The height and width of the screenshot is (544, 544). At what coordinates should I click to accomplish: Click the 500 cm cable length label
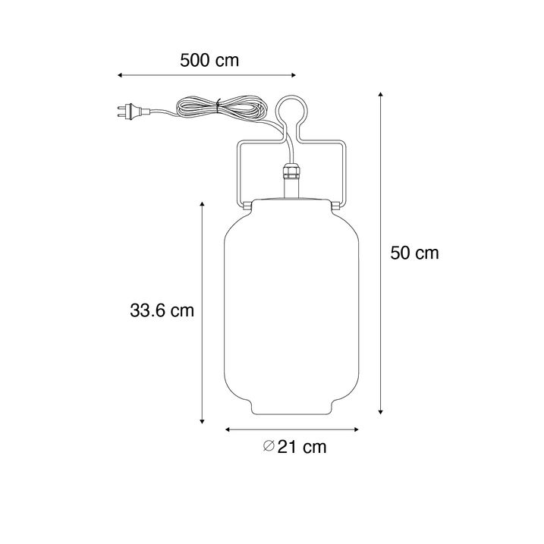[209, 61]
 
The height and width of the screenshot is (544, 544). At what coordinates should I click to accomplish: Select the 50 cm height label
[414, 253]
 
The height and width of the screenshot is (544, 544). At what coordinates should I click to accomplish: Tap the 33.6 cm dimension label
[162, 310]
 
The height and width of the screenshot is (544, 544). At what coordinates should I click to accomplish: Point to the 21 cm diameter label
[301, 447]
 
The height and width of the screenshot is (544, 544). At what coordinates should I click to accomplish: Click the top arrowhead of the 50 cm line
[380, 94]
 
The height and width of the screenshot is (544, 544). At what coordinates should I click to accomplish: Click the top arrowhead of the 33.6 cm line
[203, 204]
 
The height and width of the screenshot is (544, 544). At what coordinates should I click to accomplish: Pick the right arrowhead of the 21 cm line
[357, 429]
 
